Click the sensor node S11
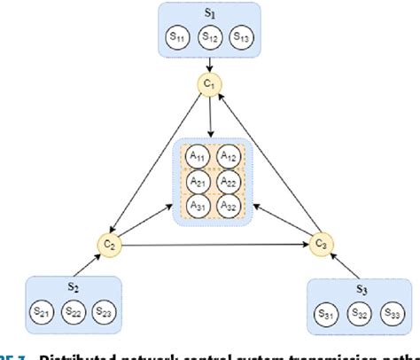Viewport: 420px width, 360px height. [178, 37]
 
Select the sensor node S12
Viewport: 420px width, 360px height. [209, 37]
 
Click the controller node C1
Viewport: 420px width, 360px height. [210, 85]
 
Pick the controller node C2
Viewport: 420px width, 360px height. [111, 243]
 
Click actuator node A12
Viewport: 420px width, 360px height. [228, 156]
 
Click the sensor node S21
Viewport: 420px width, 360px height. [42, 312]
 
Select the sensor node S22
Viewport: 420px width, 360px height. [73, 312]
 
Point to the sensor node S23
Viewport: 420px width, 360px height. [104, 312]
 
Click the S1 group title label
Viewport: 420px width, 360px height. [209, 14]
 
